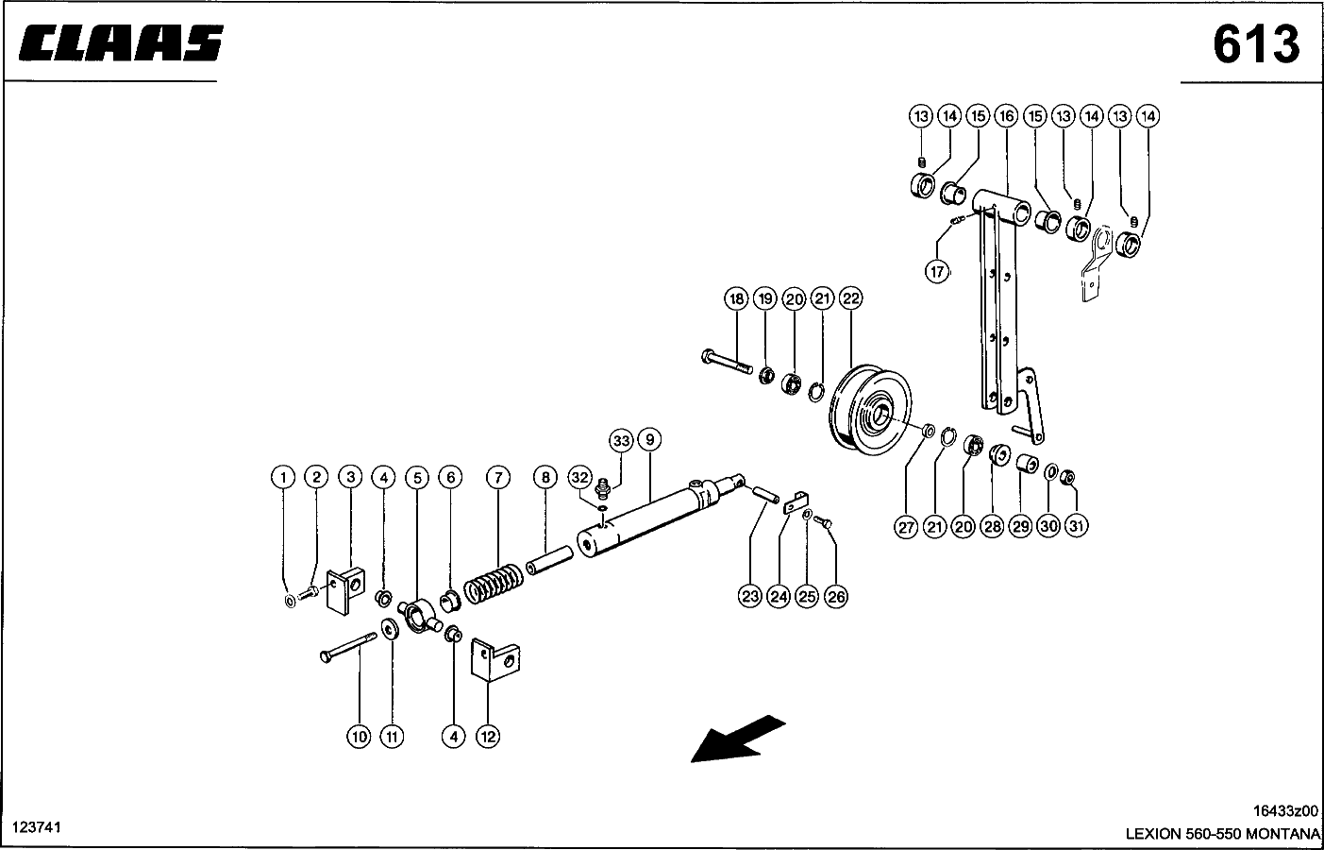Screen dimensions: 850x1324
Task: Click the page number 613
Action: (x=1256, y=44)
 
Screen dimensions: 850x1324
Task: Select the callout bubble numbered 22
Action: (x=851, y=299)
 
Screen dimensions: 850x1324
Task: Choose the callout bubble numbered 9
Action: (x=648, y=439)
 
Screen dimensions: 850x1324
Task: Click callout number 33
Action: (x=620, y=440)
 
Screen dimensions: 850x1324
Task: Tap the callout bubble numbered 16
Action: (x=1006, y=116)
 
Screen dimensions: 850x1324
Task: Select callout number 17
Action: (x=936, y=272)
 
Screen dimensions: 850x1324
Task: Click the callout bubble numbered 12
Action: (x=487, y=737)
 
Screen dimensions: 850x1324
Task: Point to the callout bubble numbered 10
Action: (x=359, y=737)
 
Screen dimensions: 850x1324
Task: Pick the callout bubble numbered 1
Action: (x=282, y=477)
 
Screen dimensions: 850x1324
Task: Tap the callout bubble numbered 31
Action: (x=1077, y=526)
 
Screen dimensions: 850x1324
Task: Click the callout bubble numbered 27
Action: (x=907, y=526)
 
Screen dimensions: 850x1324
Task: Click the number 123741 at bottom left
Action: (x=36, y=827)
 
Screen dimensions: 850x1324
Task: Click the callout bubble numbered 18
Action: (x=736, y=299)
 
